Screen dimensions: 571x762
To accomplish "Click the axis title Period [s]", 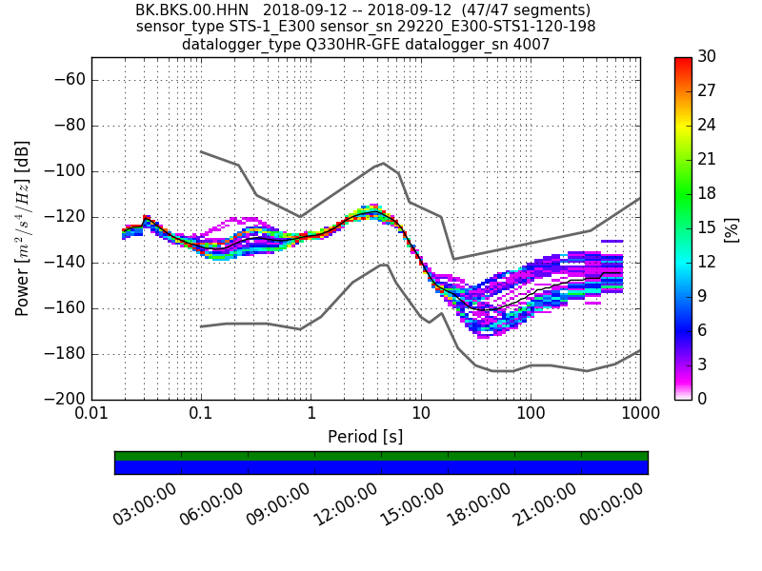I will coord(365,437).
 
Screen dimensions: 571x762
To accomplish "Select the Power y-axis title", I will coord(23,228).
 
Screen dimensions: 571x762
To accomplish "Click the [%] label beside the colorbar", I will coord(732,228).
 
